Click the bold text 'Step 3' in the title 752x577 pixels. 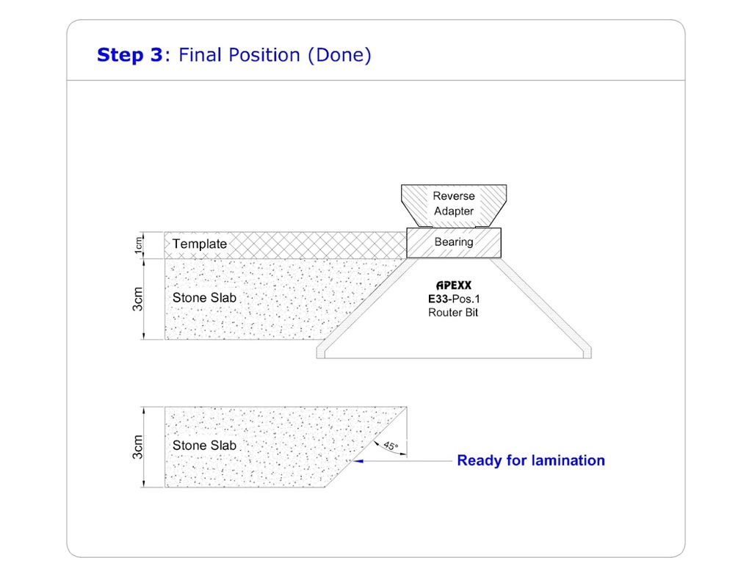[x=129, y=55]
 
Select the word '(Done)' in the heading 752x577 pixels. [x=339, y=55]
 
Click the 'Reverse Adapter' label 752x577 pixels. [x=453, y=203]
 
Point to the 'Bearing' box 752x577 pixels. [x=454, y=242]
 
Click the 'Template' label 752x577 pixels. [x=199, y=244]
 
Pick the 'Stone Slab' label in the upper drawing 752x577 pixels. [x=204, y=297]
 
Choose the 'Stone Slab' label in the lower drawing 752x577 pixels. [x=204, y=446]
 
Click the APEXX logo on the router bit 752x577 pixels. [x=453, y=286]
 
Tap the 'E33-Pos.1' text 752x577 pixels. [x=453, y=300]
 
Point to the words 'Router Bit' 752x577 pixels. [x=453, y=313]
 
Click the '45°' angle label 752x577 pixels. [x=390, y=446]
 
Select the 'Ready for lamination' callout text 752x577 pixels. [x=530, y=461]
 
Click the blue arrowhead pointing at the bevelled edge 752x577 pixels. [x=358, y=461]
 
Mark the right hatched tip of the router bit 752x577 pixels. [x=585, y=352]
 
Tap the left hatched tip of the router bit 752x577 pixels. [x=322, y=352]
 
